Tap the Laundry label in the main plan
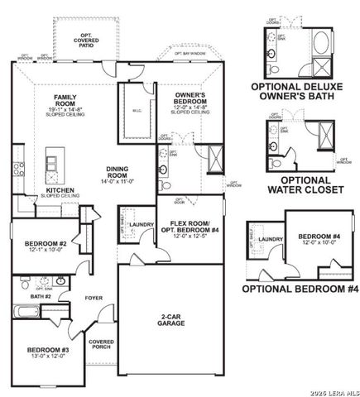click(x=139, y=224)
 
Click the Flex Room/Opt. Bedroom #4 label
click(x=192, y=228)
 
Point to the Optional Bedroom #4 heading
click(x=299, y=289)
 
